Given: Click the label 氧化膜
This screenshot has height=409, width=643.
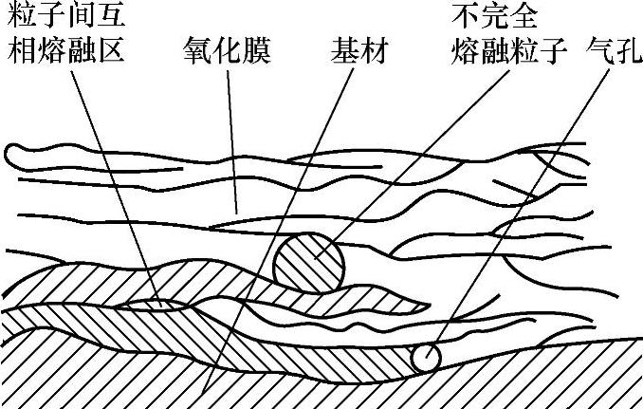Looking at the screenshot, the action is pos(227,49).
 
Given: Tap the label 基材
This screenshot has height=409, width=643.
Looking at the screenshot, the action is pos(364,49).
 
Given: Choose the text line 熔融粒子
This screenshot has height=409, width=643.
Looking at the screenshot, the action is pos(512,49).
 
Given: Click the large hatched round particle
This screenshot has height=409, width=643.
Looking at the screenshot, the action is pos(309,261).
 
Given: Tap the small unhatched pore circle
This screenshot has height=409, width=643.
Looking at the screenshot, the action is pos(426,358).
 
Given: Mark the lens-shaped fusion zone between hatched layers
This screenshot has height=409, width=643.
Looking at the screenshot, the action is pos(160,304).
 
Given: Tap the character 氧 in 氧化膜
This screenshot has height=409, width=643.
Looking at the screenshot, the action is pos(197,49).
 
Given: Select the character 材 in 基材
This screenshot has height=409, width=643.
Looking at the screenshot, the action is pos(379,49).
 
